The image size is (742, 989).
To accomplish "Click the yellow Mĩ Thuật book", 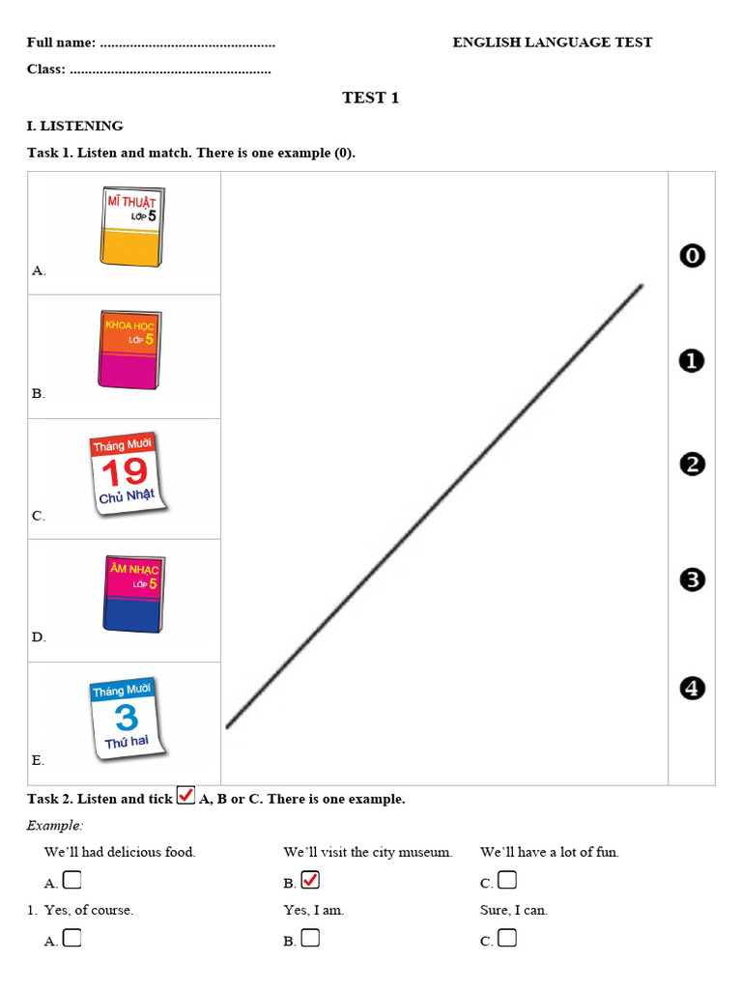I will [x=130, y=227].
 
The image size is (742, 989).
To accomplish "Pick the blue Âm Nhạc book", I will [x=133, y=594].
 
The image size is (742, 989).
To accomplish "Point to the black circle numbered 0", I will [x=692, y=256].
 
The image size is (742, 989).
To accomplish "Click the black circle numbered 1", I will [x=692, y=361].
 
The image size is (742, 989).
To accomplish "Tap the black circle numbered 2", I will [x=692, y=465].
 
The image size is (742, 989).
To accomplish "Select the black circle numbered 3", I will [x=692, y=579].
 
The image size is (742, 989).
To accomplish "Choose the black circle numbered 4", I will [x=692, y=689].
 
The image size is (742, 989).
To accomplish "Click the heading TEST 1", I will [x=370, y=98].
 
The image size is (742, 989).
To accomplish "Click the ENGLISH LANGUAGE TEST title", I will [x=552, y=42].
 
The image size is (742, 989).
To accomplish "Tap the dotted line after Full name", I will [x=187, y=43].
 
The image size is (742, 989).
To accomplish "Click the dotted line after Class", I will [x=171, y=70].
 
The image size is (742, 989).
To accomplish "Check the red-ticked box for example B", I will [x=310, y=880].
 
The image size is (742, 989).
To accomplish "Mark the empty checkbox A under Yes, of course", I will [x=71, y=938].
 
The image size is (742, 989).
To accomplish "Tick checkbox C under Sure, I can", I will [x=507, y=938].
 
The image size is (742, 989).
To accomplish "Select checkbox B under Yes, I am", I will [x=310, y=938].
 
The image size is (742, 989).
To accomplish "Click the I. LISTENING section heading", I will [x=75, y=126].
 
